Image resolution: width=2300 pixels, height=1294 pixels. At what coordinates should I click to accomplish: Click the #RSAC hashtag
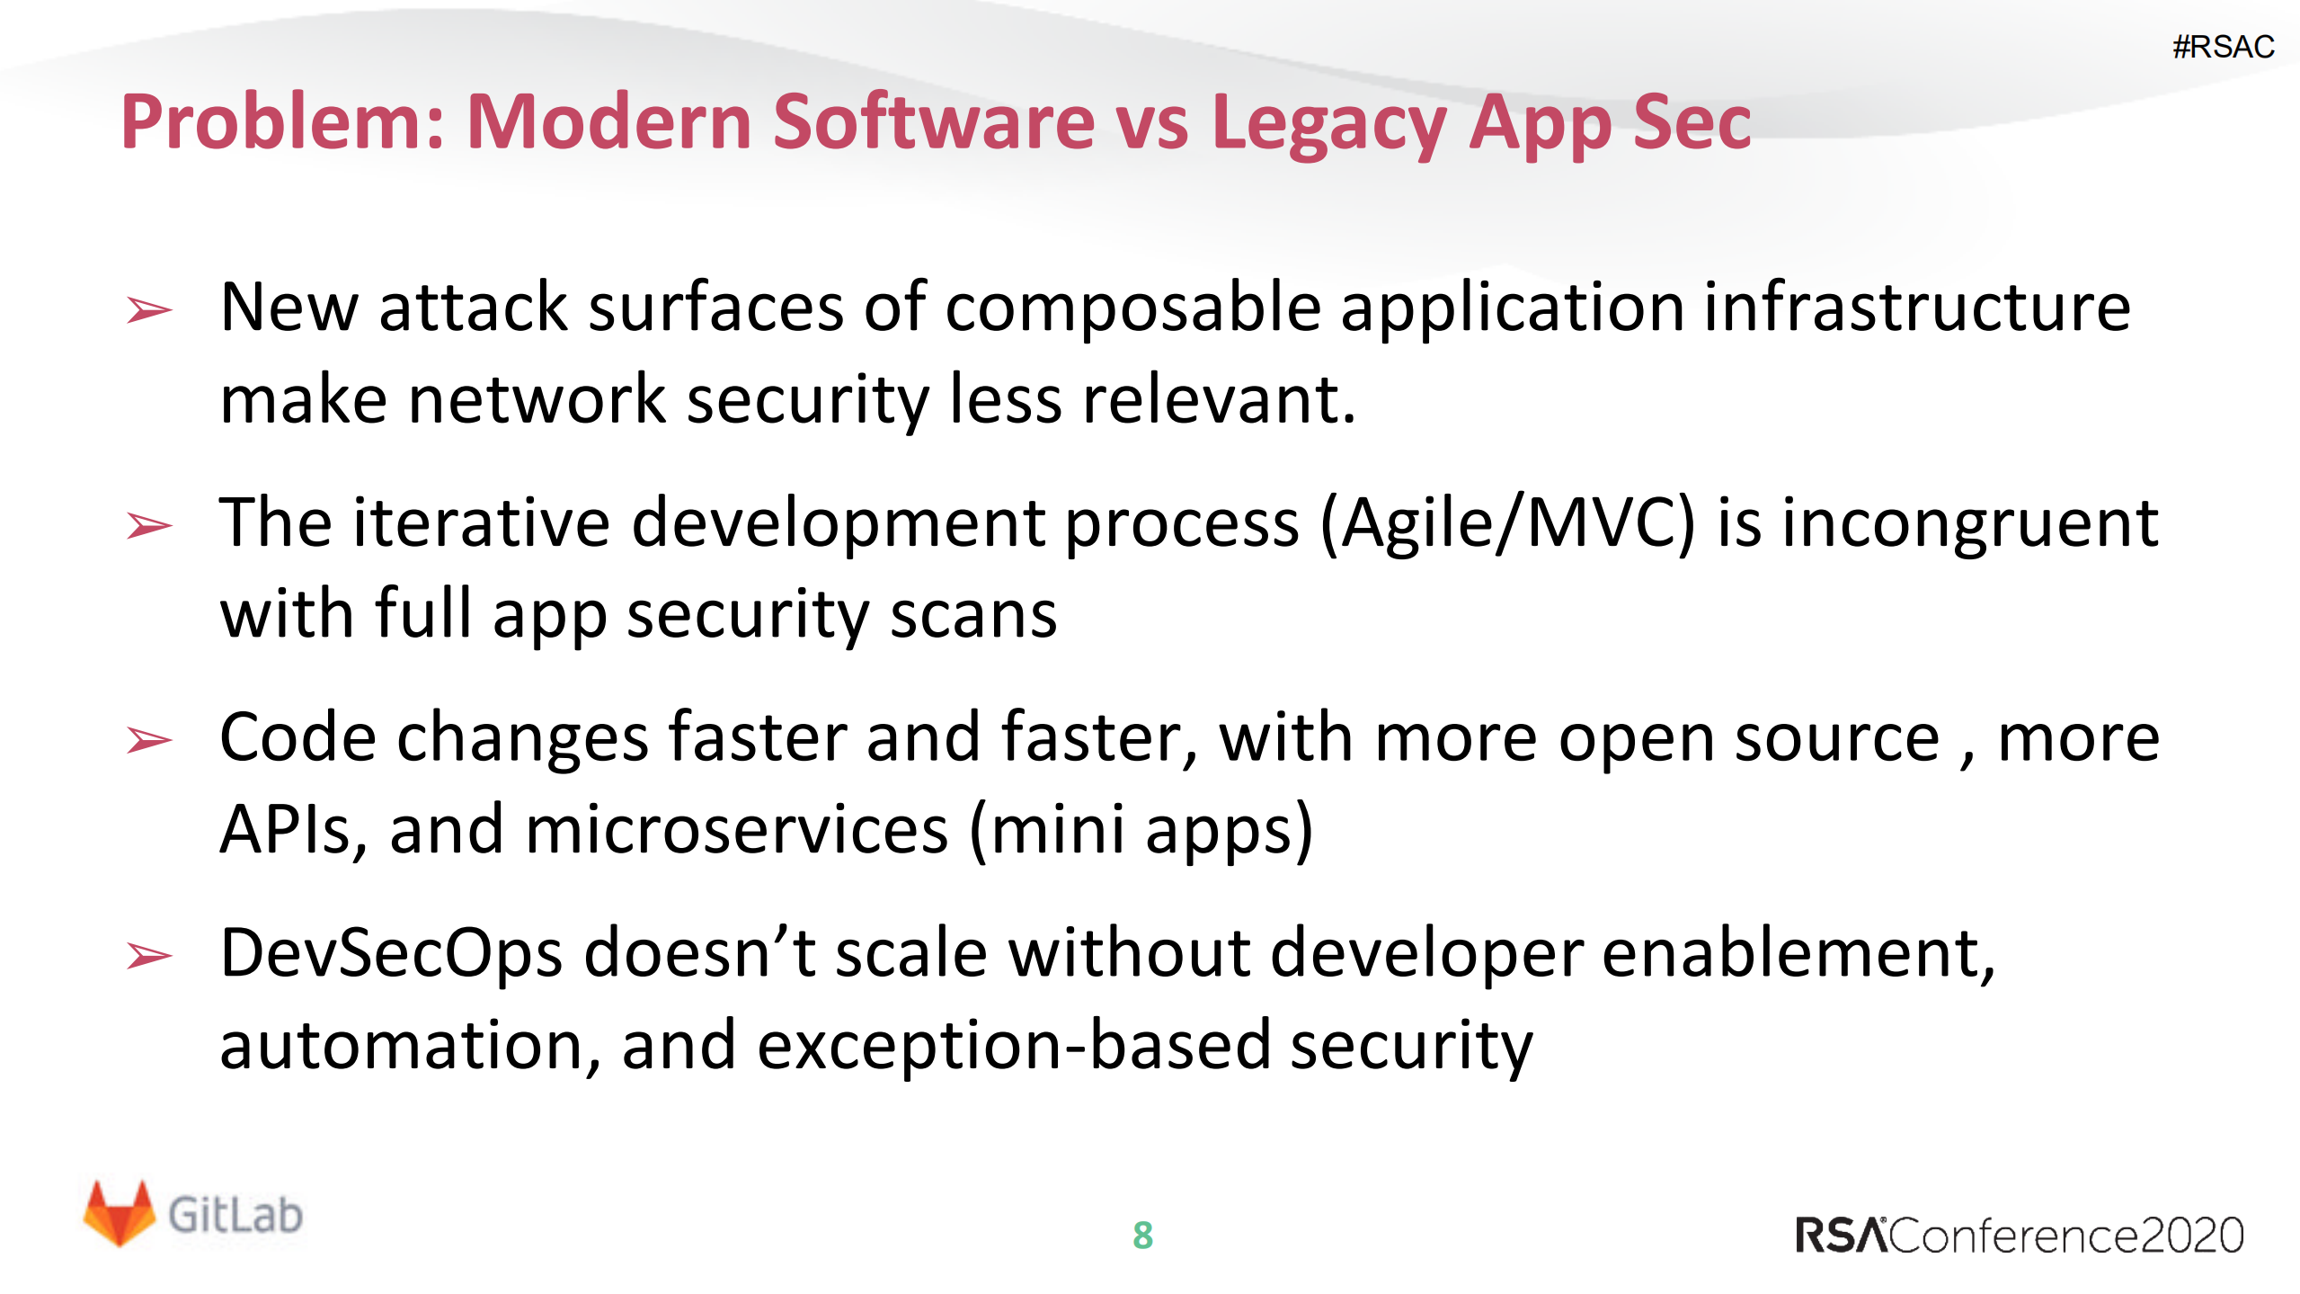[x=2223, y=46]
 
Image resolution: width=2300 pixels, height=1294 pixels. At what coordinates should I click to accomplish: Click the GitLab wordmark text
[x=235, y=1215]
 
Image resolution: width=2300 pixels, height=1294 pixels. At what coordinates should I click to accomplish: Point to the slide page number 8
[x=1142, y=1236]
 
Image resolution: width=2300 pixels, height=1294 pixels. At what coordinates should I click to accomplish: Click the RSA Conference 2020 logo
[x=2019, y=1235]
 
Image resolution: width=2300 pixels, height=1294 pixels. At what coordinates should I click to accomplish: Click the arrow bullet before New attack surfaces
[x=149, y=309]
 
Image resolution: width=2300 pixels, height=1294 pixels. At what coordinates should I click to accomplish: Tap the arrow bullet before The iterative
[x=149, y=524]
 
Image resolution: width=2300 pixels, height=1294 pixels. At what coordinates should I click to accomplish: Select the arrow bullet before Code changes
[x=149, y=739]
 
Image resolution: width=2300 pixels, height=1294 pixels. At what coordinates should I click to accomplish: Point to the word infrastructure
[x=1916, y=308]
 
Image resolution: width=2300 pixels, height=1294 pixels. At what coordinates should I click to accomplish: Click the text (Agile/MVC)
[x=1507, y=525]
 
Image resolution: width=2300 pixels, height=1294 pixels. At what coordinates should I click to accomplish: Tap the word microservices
[x=736, y=829]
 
